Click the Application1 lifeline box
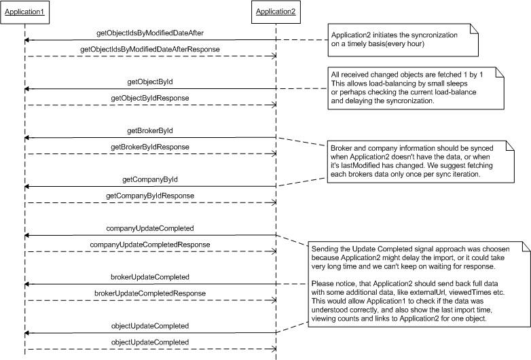[24, 12]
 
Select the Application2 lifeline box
[276, 12]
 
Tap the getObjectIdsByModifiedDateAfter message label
[150, 33]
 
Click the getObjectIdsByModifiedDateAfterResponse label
[150, 50]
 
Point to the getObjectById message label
[150, 82]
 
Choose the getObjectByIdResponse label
[150, 98]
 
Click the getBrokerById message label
[150, 130]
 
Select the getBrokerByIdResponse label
[150, 147]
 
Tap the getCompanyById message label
[150, 179]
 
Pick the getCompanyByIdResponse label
[150, 196]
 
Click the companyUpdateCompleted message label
[150, 228]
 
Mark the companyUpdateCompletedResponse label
[150, 245]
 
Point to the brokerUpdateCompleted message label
[150, 277]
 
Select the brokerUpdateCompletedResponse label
[150, 293]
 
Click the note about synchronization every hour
[403, 40]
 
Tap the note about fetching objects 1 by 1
[416, 88]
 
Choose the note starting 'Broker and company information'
[420, 162]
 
